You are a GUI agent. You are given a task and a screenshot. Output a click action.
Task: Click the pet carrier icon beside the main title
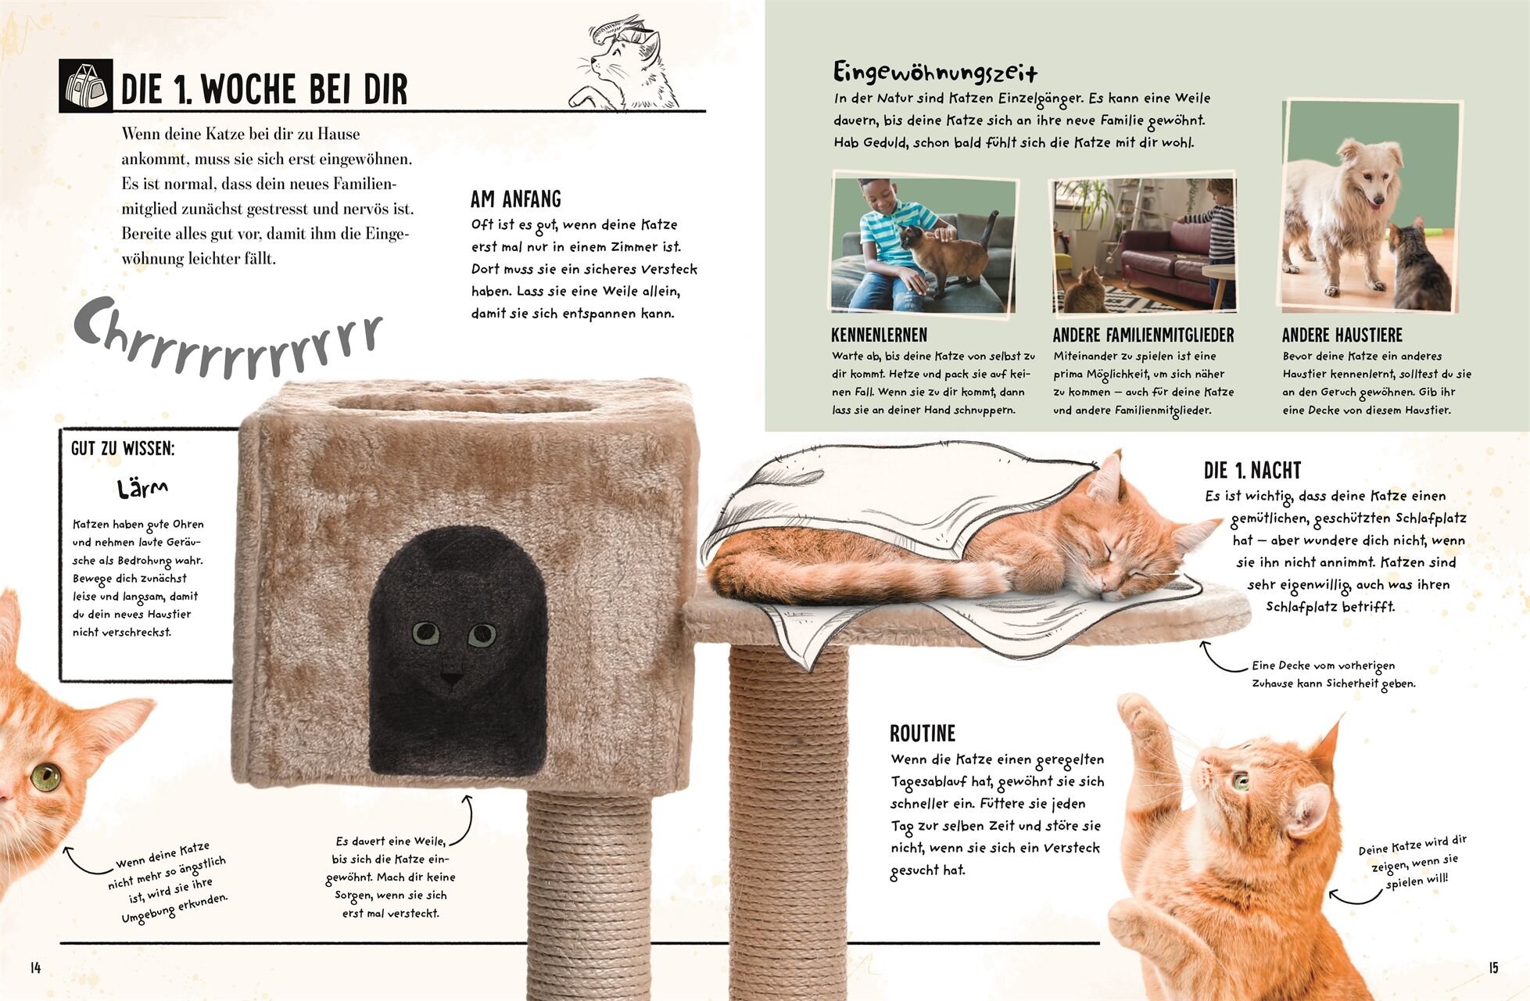click(x=85, y=86)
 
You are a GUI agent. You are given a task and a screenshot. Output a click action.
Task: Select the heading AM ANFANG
click(x=516, y=199)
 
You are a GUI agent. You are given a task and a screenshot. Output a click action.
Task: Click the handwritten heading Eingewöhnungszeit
click(x=935, y=73)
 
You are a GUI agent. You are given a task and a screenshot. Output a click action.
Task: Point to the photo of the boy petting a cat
click(x=923, y=245)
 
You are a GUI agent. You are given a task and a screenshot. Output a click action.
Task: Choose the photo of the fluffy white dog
click(x=1371, y=206)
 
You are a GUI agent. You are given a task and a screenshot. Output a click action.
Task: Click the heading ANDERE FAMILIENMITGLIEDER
click(x=1143, y=335)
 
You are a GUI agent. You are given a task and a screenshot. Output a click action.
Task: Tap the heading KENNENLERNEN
click(x=879, y=335)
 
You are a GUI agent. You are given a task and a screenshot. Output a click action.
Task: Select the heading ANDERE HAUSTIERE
click(x=1342, y=335)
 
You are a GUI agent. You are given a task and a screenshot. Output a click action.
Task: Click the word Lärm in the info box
click(x=142, y=490)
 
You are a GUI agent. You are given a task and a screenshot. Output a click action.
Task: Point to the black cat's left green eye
click(x=425, y=632)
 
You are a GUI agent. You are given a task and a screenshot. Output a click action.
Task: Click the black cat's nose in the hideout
click(x=451, y=677)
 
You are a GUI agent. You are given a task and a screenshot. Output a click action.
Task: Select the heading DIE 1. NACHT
click(x=1252, y=470)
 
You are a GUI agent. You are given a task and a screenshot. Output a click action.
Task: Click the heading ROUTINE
click(x=923, y=734)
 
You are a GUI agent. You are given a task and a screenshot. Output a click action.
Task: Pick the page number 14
click(x=35, y=968)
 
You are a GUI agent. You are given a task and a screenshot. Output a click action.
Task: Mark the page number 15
click(x=1493, y=968)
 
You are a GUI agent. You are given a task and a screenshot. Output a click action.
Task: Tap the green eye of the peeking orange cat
click(x=45, y=777)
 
